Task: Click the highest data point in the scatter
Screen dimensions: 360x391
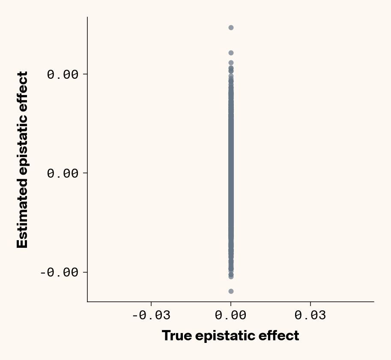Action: pos(231,27)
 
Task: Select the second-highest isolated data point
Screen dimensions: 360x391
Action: pos(231,53)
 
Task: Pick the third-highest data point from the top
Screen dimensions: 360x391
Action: pos(231,63)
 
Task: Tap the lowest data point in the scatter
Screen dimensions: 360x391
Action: pos(231,291)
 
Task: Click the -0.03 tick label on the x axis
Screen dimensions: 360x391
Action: pos(151,316)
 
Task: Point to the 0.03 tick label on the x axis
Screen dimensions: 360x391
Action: pos(310,316)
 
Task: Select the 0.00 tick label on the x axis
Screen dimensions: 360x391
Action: pos(230,316)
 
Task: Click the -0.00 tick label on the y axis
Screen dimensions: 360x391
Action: pos(60,272)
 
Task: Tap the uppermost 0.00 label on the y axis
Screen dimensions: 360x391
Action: pos(63,74)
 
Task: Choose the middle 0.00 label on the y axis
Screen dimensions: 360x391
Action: pos(63,173)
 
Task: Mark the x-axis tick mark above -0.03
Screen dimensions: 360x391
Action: pos(151,304)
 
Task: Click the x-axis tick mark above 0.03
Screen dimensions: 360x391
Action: pos(310,304)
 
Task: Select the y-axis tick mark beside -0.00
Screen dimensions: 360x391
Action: pos(85,272)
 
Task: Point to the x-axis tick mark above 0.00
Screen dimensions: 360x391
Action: pos(231,304)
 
